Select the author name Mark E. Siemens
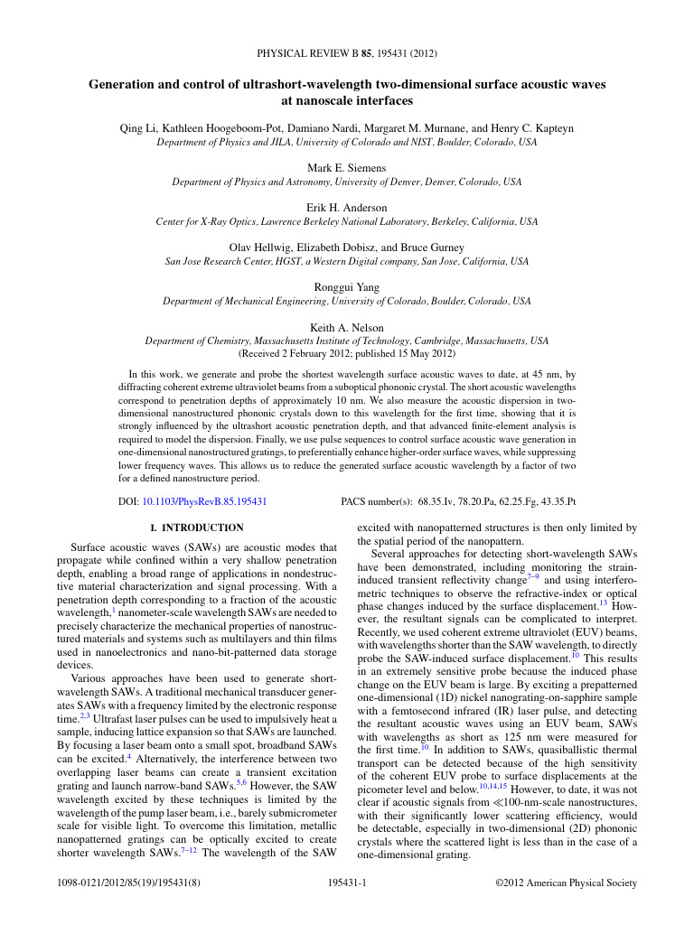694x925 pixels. [x=347, y=168]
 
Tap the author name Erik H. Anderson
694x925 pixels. [x=347, y=208]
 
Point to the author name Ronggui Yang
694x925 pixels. [x=347, y=287]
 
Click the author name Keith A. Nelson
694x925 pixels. [x=347, y=327]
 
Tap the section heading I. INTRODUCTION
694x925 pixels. [x=196, y=528]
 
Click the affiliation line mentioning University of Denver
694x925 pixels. [x=347, y=182]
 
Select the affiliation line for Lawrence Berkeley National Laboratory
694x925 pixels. [x=347, y=221]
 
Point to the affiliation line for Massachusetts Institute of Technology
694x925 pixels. [x=347, y=341]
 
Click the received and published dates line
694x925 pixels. [x=347, y=354]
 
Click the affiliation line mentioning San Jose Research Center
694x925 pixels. [x=347, y=261]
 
